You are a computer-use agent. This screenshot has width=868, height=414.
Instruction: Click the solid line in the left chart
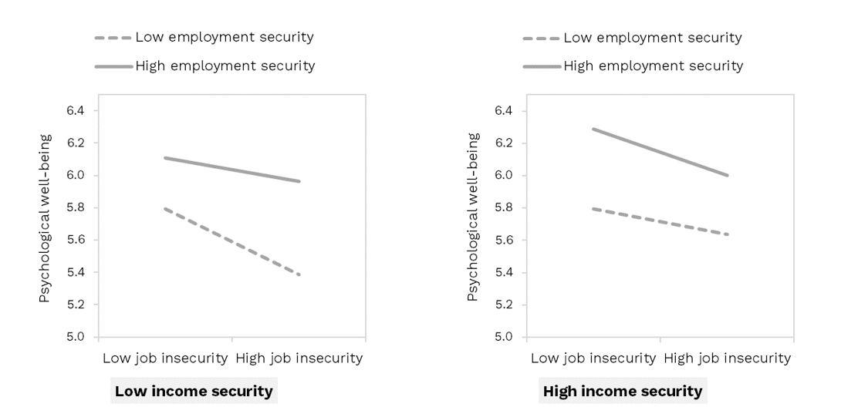[x=231, y=170]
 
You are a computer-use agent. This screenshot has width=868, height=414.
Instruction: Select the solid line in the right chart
[x=660, y=152]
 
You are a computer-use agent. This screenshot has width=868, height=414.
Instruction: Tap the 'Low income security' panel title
[x=194, y=391]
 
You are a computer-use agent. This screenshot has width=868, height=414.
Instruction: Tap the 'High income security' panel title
[x=623, y=391]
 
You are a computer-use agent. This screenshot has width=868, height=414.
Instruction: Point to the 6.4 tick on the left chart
[x=75, y=110]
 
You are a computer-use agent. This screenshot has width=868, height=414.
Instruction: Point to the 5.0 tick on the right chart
[x=503, y=337]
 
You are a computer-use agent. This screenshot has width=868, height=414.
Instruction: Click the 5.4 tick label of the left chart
[x=75, y=272]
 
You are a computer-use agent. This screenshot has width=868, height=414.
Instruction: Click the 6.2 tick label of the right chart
[x=503, y=143]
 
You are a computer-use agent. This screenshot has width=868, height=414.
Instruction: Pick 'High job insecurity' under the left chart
[x=299, y=358]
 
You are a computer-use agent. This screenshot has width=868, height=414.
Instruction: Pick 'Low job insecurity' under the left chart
[x=165, y=358]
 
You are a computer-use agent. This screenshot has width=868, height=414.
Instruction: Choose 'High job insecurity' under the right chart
[x=727, y=358]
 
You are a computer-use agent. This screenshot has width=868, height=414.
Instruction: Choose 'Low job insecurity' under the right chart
[x=593, y=358]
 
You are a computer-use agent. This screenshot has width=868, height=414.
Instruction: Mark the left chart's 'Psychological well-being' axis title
[x=45, y=217]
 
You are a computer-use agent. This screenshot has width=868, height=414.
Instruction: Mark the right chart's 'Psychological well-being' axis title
[x=473, y=217]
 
